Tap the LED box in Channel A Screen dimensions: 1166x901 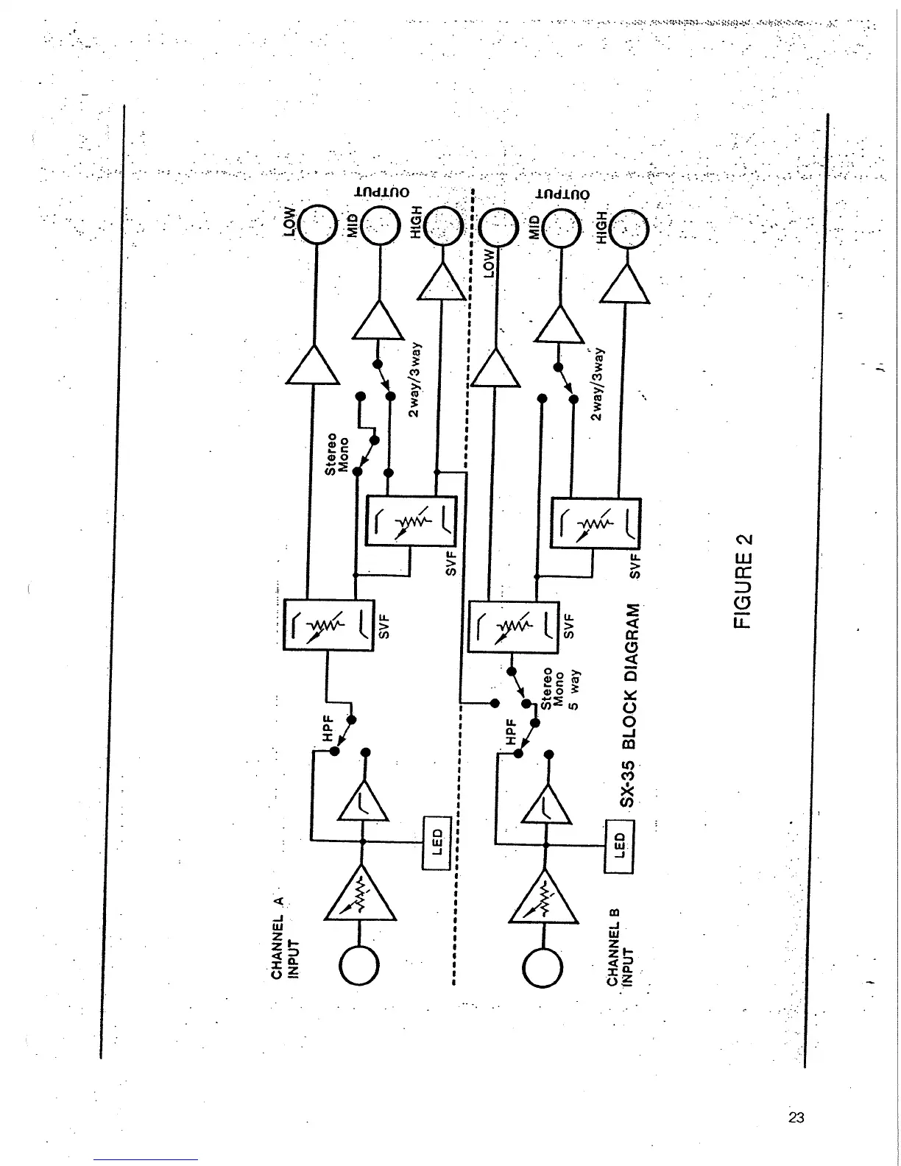click(x=436, y=843)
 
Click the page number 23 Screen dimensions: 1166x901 click(x=796, y=1117)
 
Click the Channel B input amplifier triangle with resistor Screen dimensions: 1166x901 click(x=545, y=897)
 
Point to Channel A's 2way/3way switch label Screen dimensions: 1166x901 click(x=414, y=379)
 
